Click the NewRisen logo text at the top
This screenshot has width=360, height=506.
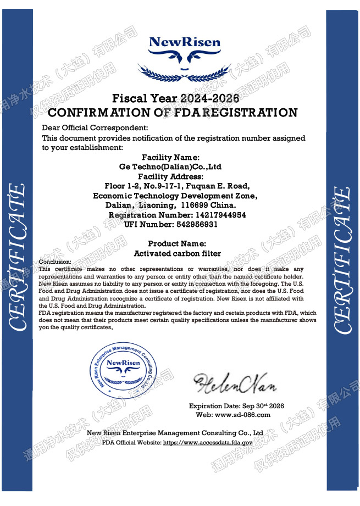click(185, 42)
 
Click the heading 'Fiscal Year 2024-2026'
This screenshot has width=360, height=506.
click(176, 99)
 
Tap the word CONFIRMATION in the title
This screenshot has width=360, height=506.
click(98, 113)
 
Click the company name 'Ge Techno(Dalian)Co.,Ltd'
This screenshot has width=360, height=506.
click(170, 166)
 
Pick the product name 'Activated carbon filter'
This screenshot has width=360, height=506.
click(177, 253)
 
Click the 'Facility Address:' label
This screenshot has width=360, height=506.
click(170, 176)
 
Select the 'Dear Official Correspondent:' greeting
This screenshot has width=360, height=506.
click(91, 129)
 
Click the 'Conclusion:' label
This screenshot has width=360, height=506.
click(55, 262)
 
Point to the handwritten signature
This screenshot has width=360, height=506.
click(234, 382)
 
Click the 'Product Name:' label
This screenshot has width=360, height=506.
click(177, 243)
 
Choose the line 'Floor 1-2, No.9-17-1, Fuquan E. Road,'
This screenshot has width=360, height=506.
click(177, 186)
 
